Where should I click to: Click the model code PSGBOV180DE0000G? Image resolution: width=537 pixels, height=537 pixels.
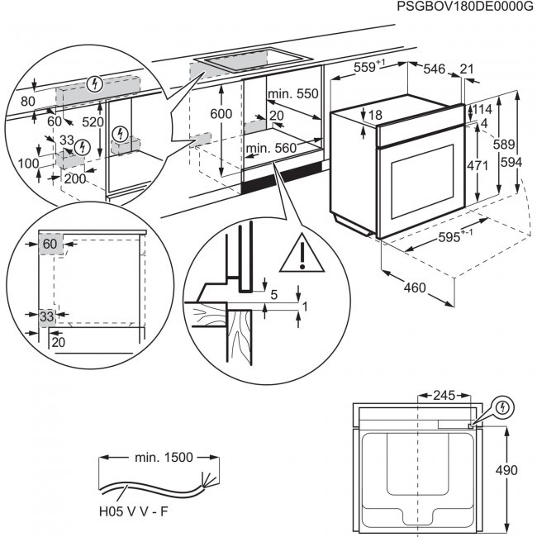(x=465, y=7)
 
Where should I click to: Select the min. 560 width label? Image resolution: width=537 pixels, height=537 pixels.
(x=270, y=148)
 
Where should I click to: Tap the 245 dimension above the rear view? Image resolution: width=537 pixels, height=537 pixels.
(x=448, y=396)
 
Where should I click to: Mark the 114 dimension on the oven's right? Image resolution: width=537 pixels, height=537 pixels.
(x=483, y=110)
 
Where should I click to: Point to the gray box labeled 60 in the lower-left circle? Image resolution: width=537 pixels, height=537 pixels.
(x=50, y=244)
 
